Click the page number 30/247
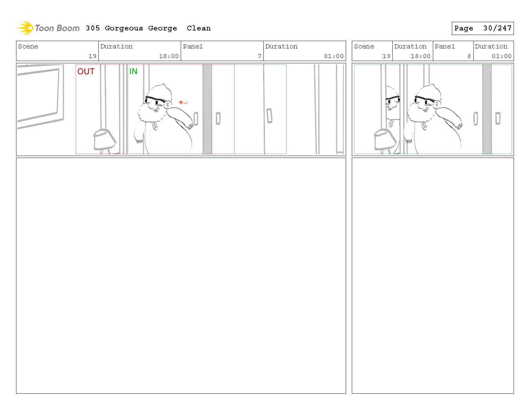click(497, 28)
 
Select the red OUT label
click(86, 71)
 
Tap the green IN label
click(133, 71)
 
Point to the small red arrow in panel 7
click(183, 102)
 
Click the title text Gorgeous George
click(141, 28)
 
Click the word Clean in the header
click(198, 28)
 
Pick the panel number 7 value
click(259, 56)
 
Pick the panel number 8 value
click(469, 56)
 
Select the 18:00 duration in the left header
click(169, 56)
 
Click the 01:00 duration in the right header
click(501, 56)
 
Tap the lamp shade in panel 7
click(105, 140)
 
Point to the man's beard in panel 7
click(149, 114)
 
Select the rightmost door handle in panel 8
click(498, 118)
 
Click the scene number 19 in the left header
click(92, 56)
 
